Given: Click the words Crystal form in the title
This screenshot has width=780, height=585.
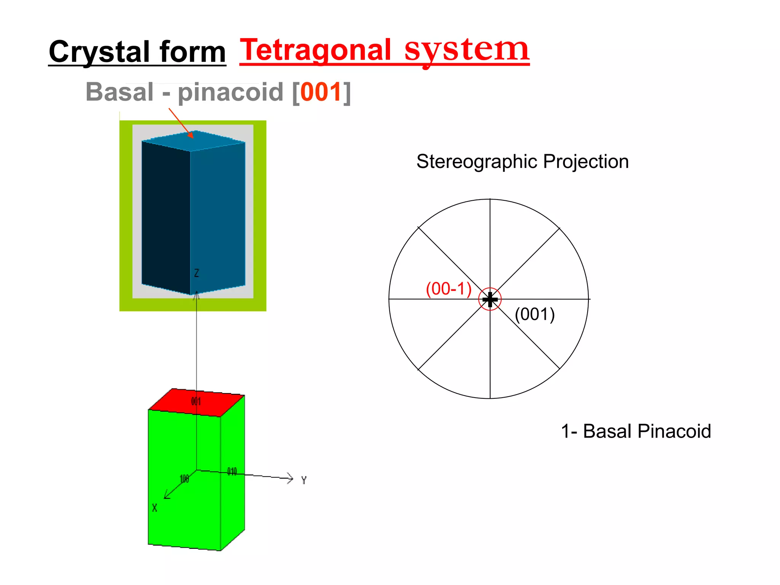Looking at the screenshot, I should (x=137, y=52).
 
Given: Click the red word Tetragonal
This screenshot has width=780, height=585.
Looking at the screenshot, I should (x=315, y=50).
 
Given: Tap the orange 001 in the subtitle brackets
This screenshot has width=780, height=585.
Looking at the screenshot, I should (x=321, y=92).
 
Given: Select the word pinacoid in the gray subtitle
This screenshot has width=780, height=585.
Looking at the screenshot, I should (x=230, y=93).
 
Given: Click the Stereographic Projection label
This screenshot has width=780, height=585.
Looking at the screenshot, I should (x=522, y=161).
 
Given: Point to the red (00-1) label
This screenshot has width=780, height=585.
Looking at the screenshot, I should (x=448, y=289).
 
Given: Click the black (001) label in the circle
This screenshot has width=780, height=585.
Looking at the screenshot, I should (x=534, y=315).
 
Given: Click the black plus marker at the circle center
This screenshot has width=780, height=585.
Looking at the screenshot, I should (x=490, y=299).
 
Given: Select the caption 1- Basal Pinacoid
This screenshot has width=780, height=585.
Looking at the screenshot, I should (x=636, y=432).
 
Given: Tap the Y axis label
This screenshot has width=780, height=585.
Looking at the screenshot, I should (x=304, y=480).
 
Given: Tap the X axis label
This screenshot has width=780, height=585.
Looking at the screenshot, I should (x=155, y=508).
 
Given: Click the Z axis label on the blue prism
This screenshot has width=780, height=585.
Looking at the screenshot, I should (x=197, y=273).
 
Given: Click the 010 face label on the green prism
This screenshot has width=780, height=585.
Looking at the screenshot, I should (x=232, y=472).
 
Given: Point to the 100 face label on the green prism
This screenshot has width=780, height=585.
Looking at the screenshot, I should (x=184, y=479).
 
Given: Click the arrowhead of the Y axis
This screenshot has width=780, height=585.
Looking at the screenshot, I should (x=290, y=478).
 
